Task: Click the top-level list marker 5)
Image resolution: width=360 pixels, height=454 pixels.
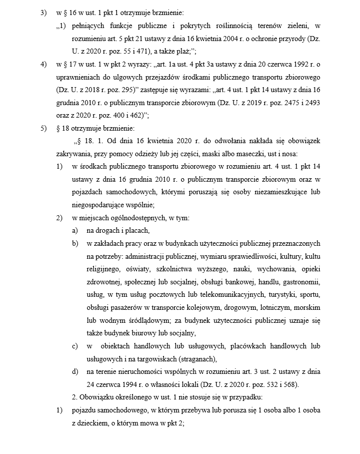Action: click(43, 128)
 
